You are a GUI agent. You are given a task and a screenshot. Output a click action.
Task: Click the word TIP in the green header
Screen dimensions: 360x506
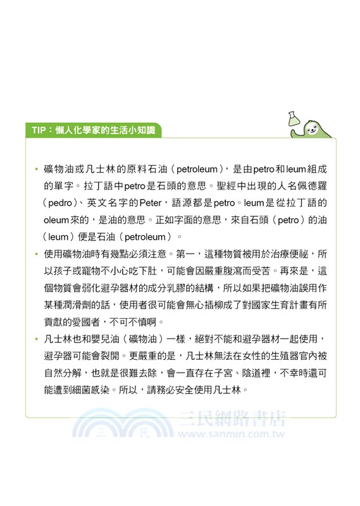click(x=39, y=130)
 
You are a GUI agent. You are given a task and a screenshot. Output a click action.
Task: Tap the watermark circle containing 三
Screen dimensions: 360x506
click(x=100, y=435)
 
